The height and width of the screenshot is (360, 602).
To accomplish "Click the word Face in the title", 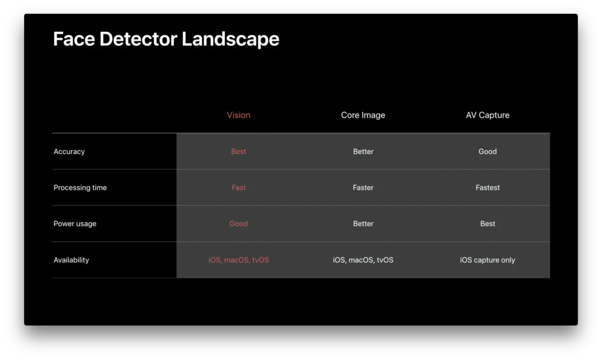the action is click(74, 39).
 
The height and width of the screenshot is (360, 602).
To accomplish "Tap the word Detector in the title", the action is click(138, 39).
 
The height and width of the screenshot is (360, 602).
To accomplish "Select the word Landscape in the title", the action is click(231, 39).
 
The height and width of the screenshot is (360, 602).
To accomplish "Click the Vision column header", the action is click(239, 115).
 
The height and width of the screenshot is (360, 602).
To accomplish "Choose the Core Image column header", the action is click(363, 115).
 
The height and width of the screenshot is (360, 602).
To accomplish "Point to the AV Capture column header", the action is click(488, 115).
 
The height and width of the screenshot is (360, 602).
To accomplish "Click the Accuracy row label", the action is click(69, 152).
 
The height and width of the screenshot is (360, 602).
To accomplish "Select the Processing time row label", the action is click(80, 187).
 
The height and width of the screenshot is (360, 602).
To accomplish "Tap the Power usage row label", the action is click(75, 224).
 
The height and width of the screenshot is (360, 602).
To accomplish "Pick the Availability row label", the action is click(71, 260).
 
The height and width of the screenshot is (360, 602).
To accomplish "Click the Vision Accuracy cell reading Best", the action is click(239, 152).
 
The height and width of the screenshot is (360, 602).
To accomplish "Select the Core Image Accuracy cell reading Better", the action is click(363, 152).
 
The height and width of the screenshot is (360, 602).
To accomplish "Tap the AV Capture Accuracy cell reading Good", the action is click(488, 152).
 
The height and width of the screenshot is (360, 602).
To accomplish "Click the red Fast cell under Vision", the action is click(239, 187).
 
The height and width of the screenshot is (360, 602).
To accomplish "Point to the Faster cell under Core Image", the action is click(363, 187).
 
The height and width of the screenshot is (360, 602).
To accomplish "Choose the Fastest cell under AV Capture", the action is click(488, 187).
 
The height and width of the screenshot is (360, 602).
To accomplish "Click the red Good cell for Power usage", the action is click(239, 224).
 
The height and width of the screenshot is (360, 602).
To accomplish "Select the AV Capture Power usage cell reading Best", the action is click(488, 224).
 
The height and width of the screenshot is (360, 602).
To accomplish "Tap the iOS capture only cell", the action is click(488, 260).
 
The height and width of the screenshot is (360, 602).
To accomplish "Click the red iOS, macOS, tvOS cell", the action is click(239, 260).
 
